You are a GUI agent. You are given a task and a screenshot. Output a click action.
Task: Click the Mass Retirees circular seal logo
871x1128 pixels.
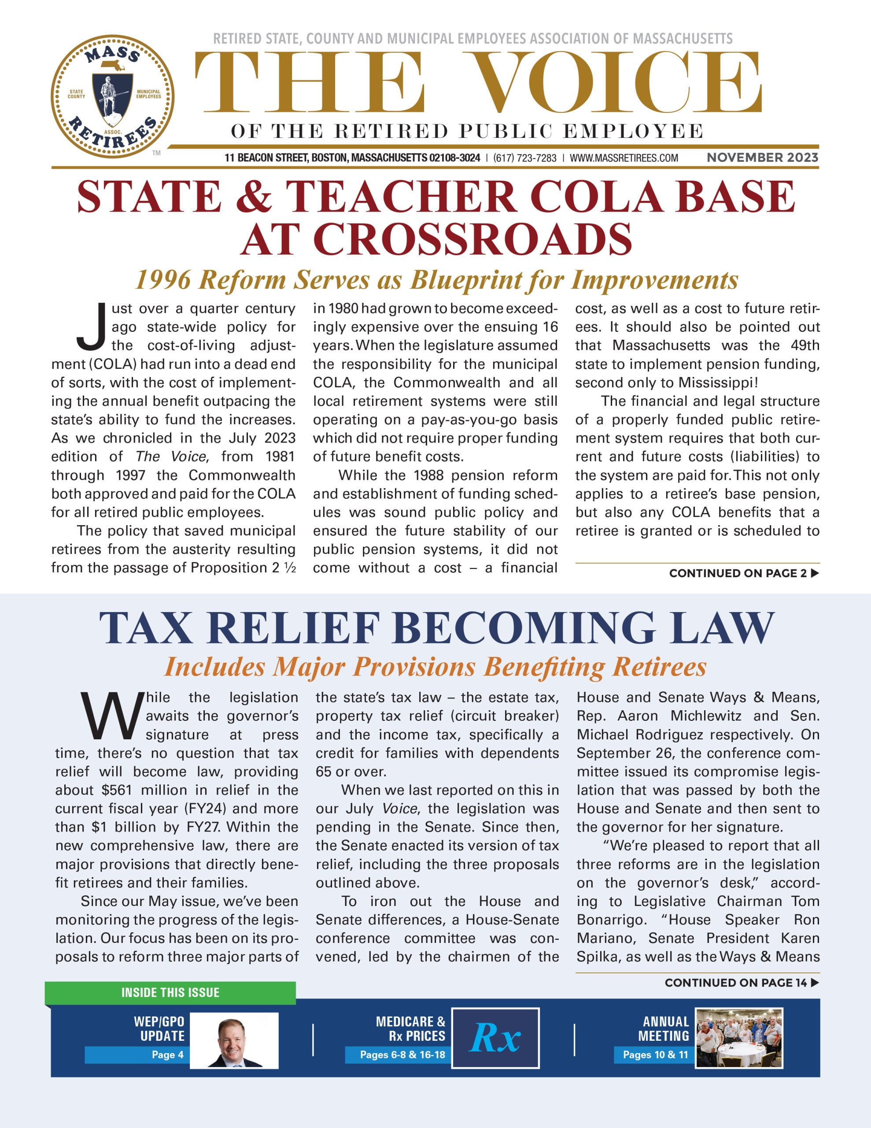pyautogui.click(x=113, y=96)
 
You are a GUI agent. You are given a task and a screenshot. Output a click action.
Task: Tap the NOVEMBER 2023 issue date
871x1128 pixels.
pyautogui.click(x=762, y=158)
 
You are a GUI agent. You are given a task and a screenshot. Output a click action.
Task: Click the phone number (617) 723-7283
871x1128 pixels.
pyautogui.click(x=524, y=158)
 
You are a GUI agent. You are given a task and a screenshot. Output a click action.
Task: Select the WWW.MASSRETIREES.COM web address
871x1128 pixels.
pyautogui.click(x=624, y=158)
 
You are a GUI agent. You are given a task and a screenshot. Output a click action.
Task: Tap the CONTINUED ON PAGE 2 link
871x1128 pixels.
pyautogui.click(x=743, y=573)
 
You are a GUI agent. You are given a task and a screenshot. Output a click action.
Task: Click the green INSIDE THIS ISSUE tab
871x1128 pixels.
pyautogui.click(x=170, y=993)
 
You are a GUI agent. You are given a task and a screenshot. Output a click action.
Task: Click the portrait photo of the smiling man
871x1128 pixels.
pyautogui.click(x=234, y=1040)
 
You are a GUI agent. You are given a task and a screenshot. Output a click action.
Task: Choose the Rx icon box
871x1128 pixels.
pyautogui.click(x=495, y=1038)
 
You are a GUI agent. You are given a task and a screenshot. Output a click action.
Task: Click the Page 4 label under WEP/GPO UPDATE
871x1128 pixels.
pyautogui.click(x=167, y=1055)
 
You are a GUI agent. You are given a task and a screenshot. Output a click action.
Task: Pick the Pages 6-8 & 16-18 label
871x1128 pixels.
pyautogui.click(x=402, y=1055)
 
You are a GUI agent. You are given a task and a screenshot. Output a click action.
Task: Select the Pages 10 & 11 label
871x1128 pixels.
pyautogui.click(x=655, y=1055)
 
